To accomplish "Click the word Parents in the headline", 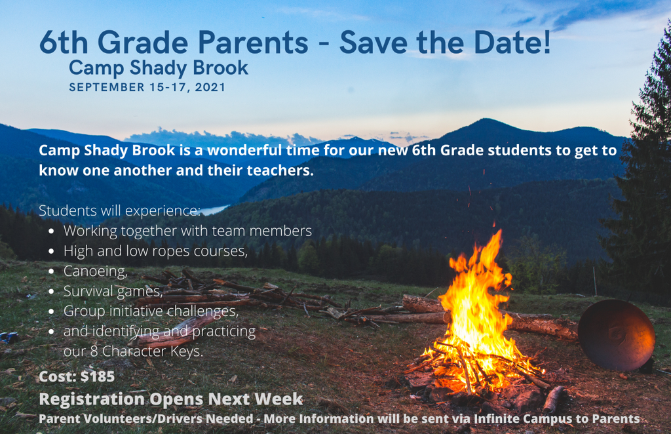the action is pyautogui.click(x=253, y=43).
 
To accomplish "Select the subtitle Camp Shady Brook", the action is pyautogui.click(x=159, y=68).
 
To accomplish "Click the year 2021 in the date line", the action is pyautogui.click(x=210, y=87).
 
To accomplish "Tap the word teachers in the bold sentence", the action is pyautogui.click(x=280, y=170).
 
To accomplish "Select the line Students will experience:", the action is pyautogui.click(x=119, y=210).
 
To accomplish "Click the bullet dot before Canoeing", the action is pyautogui.click(x=51, y=271).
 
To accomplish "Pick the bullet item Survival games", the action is pyautogui.click(x=113, y=291).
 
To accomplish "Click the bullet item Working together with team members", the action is pyautogui.click(x=187, y=231).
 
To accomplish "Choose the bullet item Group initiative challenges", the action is pyautogui.click(x=151, y=311).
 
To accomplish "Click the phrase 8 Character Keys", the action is pyautogui.click(x=146, y=351).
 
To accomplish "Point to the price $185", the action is pyautogui.click(x=98, y=376).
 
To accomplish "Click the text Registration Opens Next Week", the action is pyautogui.click(x=171, y=399).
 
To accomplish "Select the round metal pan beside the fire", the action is pyautogui.click(x=616, y=334).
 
